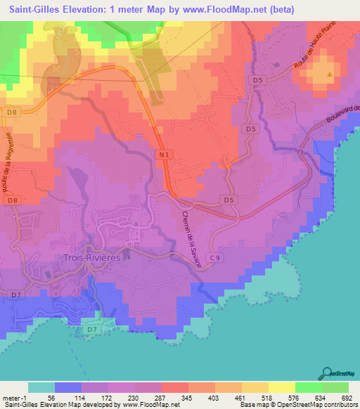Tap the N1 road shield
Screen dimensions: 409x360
(163, 154)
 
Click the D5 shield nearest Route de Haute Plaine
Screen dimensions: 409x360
(258, 81)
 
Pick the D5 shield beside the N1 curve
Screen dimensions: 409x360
(229, 200)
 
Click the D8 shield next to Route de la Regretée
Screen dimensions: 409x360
(11, 200)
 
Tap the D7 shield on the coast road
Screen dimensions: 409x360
(91, 329)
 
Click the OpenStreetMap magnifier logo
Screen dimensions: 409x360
(326, 372)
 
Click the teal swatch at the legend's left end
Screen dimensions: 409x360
(41, 387)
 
